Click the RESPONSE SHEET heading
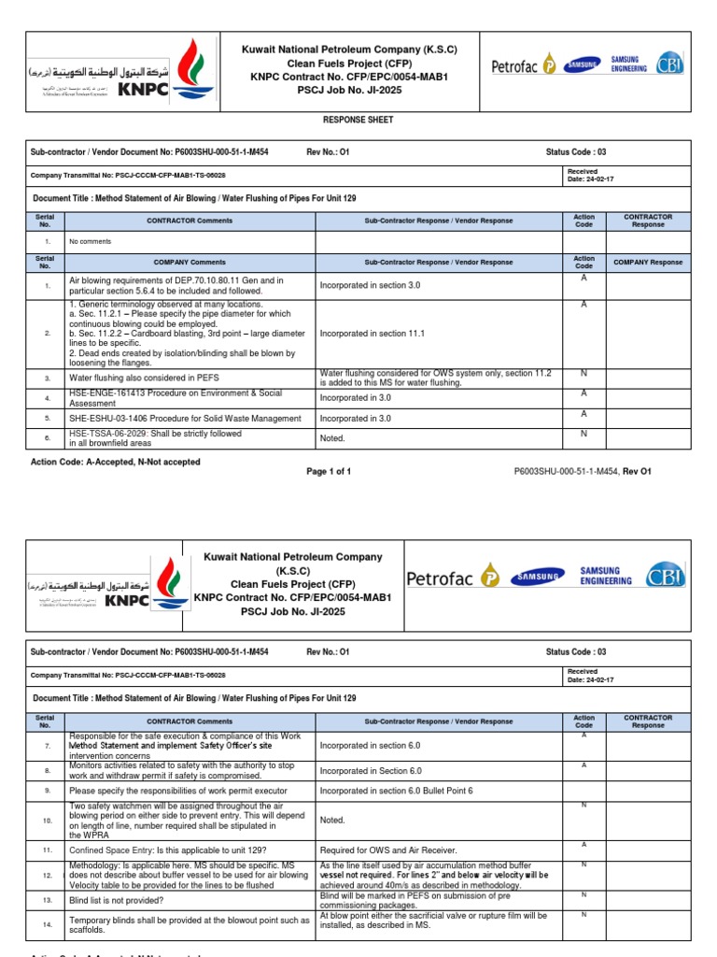pyautogui.click(x=358, y=121)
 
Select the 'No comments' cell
pyautogui.click(x=91, y=242)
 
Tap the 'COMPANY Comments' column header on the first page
pyautogui.click(x=190, y=263)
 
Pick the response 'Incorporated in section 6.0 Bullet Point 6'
pyautogui.click(x=396, y=791)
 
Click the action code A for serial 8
pyautogui.click(x=583, y=765)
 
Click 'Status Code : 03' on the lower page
pyautogui.click(x=575, y=651)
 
